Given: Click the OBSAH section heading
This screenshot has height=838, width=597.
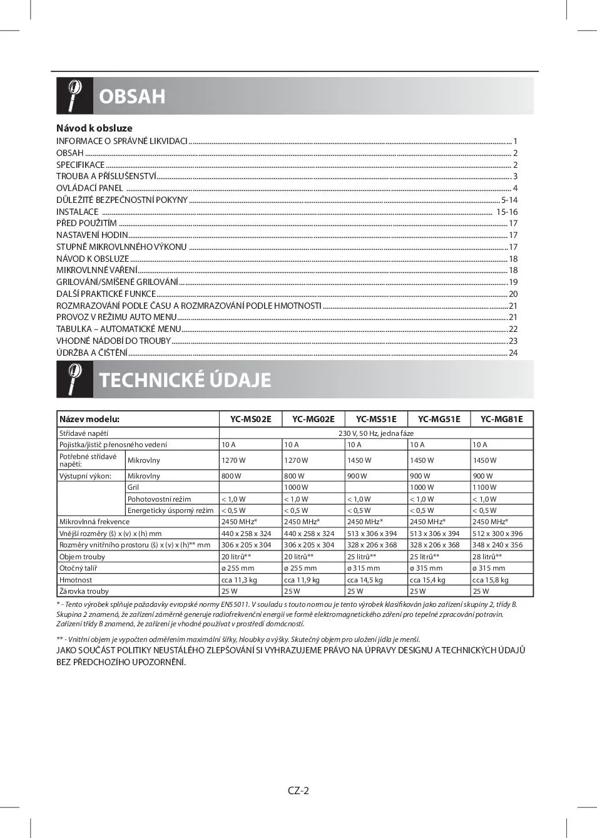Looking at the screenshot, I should [x=132, y=96].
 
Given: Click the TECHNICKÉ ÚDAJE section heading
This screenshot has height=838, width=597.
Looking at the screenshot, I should [x=185, y=380].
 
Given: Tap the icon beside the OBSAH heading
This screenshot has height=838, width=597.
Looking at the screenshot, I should [x=74, y=96].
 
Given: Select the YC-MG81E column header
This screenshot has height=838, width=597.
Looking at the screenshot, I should [x=501, y=419].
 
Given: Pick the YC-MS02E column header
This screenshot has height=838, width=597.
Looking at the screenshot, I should [x=250, y=419].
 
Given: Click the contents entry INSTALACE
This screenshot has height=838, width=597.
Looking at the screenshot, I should [x=78, y=212].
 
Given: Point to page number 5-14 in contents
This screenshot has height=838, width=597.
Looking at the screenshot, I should [x=509, y=200].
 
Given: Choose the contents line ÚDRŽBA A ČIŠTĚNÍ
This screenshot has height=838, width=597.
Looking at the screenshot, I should [x=92, y=353].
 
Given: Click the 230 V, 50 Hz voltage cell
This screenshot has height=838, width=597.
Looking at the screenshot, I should [x=375, y=433].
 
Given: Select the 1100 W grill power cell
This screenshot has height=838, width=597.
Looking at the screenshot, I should [x=484, y=487].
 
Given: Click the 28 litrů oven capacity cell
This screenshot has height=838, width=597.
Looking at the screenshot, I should [x=487, y=557].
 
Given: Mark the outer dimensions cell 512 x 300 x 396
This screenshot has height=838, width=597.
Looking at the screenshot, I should [x=497, y=534].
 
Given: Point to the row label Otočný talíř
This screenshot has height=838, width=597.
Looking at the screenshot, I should [x=78, y=568].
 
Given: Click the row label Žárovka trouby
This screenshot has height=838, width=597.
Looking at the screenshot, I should [x=84, y=591].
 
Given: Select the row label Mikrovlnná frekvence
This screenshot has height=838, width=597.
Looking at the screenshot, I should [x=94, y=522].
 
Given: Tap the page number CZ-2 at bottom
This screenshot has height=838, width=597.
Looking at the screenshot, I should [x=298, y=790].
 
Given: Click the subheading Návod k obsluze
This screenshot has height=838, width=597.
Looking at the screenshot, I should [x=94, y=128].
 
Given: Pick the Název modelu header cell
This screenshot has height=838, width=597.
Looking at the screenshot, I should [x=89, y=419].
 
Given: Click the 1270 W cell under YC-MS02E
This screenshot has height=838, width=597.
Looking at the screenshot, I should [x=233, y=460].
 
